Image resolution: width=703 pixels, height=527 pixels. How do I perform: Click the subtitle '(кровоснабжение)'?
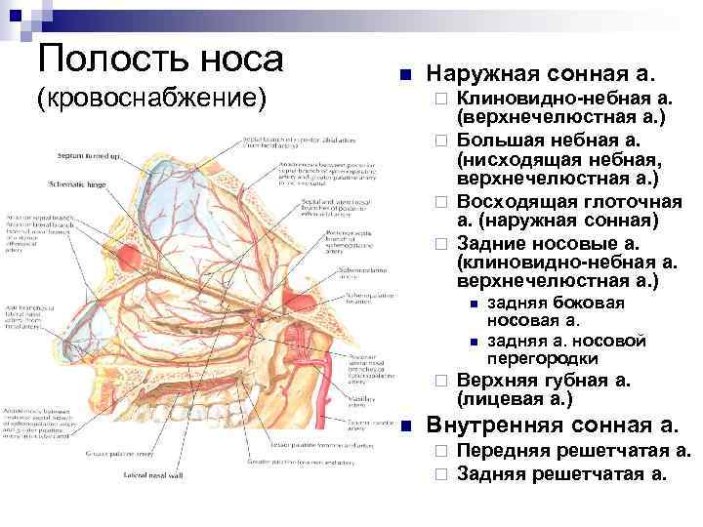pyautogui.click(x=150, y=99)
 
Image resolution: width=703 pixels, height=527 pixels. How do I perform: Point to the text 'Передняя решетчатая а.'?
pyautogui.click(x=573, y=452)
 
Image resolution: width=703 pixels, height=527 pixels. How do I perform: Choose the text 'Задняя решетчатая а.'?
pyautogui.click(x=562, y=474)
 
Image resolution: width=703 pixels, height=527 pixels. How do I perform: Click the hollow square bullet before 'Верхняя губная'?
pyautogui.click(x=440, y=381)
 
